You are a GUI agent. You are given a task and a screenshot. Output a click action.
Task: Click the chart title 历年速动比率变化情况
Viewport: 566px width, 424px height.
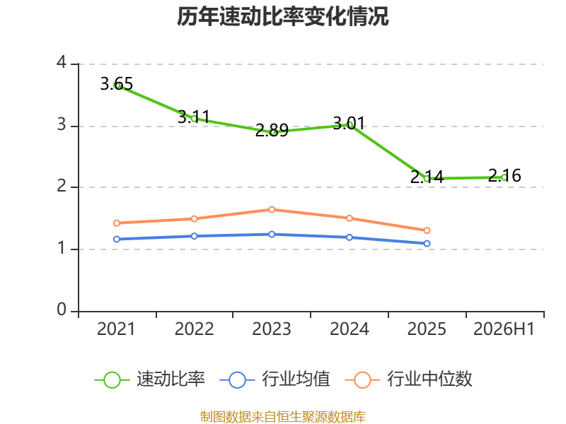click(x=282, y=16)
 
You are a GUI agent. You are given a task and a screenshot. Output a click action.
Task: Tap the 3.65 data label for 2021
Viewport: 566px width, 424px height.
click(x=117, y=84)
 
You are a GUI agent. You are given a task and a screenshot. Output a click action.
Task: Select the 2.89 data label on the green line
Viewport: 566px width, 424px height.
click(x=272, y=130)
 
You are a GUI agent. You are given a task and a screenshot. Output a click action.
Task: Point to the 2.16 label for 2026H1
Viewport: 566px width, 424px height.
click(x=504, y=175)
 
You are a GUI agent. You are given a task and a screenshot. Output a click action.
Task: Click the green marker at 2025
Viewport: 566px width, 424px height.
click(x=427, y=179)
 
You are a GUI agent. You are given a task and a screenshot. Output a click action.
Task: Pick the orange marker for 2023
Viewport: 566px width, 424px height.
click(x=272, y=209)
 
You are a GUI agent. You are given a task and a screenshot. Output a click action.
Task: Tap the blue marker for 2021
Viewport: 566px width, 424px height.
click(x=117, y=239)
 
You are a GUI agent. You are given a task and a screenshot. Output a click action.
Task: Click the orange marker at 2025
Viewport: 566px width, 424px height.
click(x=427, y=230)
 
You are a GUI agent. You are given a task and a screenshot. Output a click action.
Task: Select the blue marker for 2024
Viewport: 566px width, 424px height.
click(x=350, y=237)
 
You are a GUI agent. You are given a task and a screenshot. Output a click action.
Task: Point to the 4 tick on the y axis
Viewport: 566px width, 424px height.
click(x=62, y=62)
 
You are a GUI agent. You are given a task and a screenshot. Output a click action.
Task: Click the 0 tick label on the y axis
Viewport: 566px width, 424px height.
click(x=62, y=310)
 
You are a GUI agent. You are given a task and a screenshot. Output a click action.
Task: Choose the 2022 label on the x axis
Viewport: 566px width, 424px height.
click(x=194, y=329)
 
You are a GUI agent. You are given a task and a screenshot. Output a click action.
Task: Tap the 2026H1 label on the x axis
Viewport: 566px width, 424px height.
click(x=504, y=329)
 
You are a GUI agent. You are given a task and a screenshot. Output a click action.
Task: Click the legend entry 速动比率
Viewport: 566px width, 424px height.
click(x=150, y=379)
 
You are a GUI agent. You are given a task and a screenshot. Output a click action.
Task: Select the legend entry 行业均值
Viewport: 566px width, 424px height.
click(x=275, y=379)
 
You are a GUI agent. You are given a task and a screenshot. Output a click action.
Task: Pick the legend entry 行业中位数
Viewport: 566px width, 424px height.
click(x=409, y=379)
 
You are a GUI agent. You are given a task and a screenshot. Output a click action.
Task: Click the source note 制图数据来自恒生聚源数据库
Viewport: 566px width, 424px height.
click(x=283, y=417)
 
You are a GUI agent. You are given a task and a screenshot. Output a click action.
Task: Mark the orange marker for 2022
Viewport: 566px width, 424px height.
click(x=194, y=219)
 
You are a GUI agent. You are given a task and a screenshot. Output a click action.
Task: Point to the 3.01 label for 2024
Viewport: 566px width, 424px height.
click(x=349, y=123)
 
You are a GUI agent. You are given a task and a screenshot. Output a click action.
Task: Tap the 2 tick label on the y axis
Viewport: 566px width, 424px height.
click(x=62, y=186)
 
